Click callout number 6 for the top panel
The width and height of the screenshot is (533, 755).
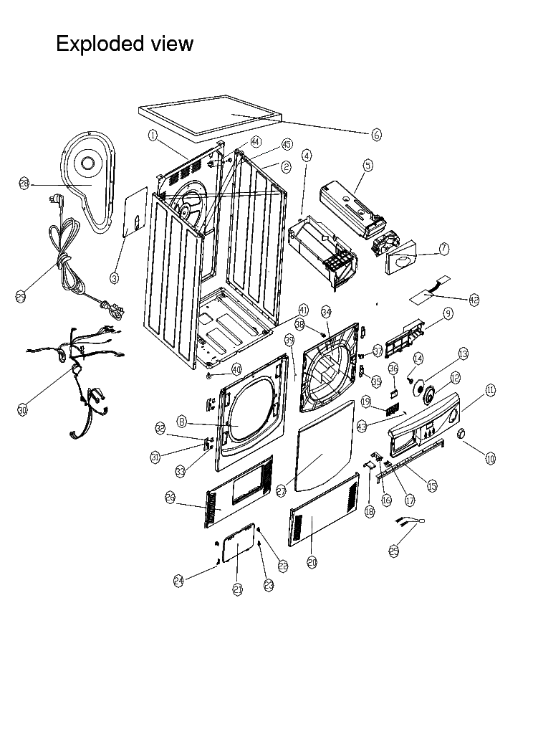[x=377, y=134]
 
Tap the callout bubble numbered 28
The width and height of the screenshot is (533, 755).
[x=24, y=184]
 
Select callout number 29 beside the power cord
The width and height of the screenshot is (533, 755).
[x=21, y=295]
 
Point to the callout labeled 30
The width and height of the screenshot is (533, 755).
[x=22, y=410]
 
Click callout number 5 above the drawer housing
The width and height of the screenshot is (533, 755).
[x=368, y=165]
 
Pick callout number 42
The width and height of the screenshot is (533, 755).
[x=474, y=300]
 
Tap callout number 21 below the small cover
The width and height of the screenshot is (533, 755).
[x=238, y=589]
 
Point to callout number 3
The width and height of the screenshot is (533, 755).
[x=115, y=277]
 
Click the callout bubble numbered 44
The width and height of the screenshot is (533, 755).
[x=255, y=142]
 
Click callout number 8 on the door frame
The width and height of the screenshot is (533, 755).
[x=183, y=422]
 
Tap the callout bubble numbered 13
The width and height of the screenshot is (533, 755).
[x=463, y=353]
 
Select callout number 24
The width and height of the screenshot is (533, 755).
[x=178, y=581]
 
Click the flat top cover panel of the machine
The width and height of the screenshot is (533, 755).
[x=208, y=117]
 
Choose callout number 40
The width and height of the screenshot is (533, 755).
[x=236, y=369]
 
